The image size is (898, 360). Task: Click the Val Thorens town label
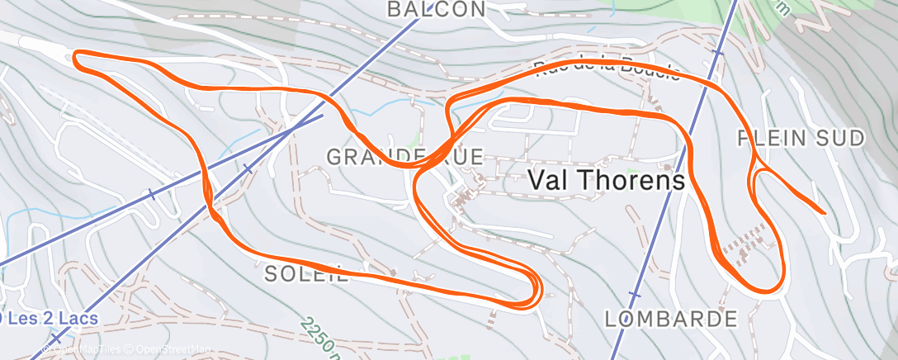[x=606, y=179]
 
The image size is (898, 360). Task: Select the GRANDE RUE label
[x=392, y=155]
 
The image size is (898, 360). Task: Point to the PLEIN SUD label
[x=801, y=138]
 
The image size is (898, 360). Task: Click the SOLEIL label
[x=306, y=275]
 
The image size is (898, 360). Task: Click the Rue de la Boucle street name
[x=607, y=70]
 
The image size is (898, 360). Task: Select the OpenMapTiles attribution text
[x=87, y=350]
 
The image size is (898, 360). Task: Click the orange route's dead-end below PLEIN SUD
[x=823, y=212]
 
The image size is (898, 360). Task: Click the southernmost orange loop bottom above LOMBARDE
[x=763, y=290]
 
